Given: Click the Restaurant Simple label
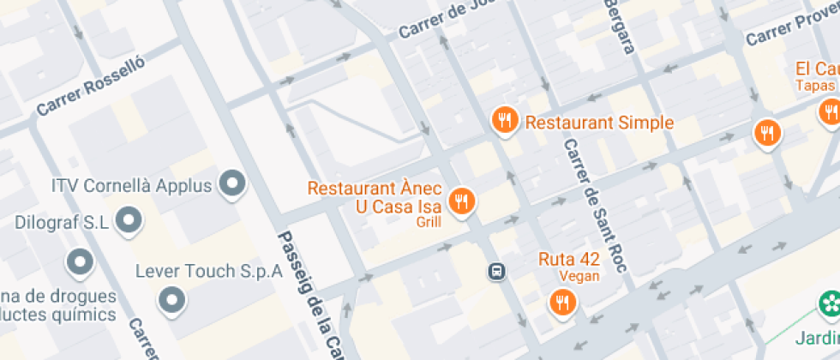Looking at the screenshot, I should (599, 123).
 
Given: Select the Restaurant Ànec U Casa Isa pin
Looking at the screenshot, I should (463, 201).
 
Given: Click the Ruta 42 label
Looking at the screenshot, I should (568, 259).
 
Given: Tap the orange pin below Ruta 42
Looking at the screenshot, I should (563, 302).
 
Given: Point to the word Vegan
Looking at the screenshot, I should (579, 276).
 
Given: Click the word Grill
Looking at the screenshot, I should (429, 223).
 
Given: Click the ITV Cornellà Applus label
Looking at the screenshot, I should (131, 185).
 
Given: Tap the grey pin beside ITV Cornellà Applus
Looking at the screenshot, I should (232, 183).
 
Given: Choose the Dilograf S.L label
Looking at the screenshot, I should (62, 223).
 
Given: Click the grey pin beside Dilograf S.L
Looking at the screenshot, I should (129, 219).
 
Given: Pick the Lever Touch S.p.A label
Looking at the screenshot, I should (209, 272).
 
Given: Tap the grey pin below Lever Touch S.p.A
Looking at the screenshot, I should (172, 300).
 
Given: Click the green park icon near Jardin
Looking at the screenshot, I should (829, 303).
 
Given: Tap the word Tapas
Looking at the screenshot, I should (814, 86).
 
